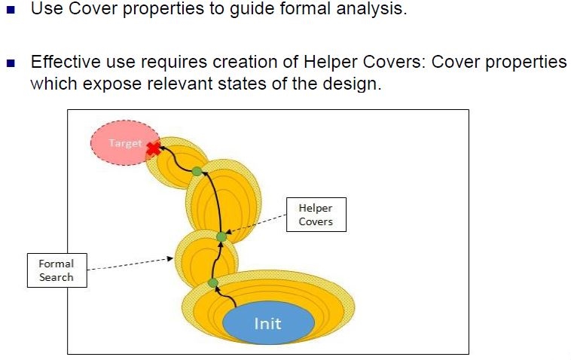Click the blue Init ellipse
click(268, 324)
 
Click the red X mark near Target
click(154, 148)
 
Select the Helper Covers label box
click(316, 215)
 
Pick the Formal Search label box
click(56, 270)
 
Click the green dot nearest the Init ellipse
click(213, 283)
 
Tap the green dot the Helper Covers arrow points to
click(221, 236)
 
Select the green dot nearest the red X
click(197, 172)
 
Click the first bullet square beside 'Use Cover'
click(11, 13)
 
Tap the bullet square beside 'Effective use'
click(11, 63)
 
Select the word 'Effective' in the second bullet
click(64, 63)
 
